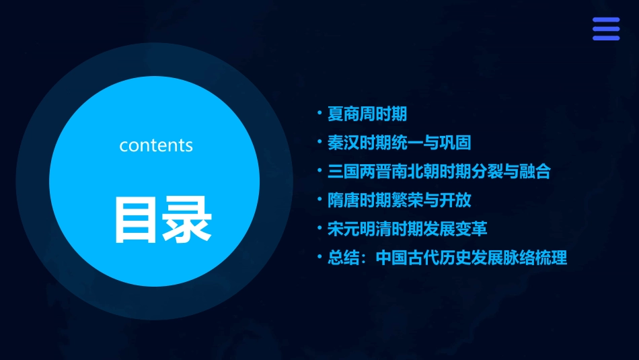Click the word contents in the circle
(x=156, y=145)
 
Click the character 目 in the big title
(x=137, y=220)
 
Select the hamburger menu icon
(x=605, y=29)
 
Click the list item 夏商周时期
(x=367, y=114)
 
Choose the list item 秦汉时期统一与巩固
(x=398, y=143)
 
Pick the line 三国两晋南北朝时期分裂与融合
(x=439, y=172)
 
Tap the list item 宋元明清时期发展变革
(x=406, y=229)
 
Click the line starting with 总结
(x=447, y=258)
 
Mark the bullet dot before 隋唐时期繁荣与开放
(x=320, y=199)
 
